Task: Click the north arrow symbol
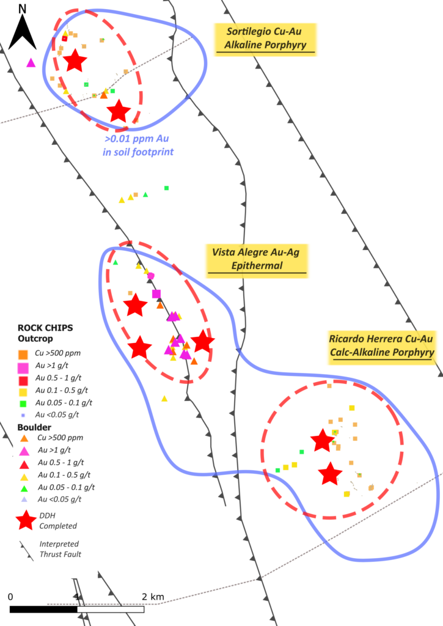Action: coord(23,32)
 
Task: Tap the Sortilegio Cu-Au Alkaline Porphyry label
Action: coord(265,39)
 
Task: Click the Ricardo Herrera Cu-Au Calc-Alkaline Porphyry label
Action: coord(382,346)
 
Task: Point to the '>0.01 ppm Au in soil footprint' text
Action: coord(138,145)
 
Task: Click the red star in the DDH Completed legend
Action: coord(26,520)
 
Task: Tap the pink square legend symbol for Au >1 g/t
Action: coord(23,367)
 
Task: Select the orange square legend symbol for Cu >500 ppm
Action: coord(23,355)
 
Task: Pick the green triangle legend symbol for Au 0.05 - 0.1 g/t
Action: coord(24,488)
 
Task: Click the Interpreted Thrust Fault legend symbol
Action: coord(26,551)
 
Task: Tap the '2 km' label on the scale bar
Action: coord(153,597)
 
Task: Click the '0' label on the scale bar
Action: coord(10,597)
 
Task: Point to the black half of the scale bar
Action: coord(43,609)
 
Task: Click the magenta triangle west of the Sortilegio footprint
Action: coord(31,63)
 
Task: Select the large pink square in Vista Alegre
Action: coord(156,294)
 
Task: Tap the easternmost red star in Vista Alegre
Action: coord(203,341)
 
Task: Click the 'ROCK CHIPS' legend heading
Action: coord(45,328)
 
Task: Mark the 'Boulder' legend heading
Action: coord(34,427)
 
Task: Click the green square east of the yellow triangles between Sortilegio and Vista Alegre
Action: coord(166,188)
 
